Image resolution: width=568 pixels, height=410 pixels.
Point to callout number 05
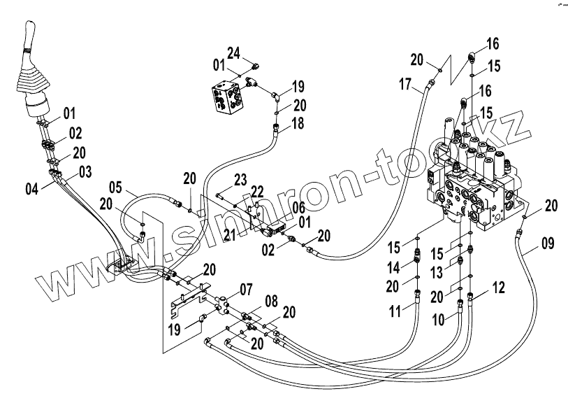[x=115, y=187]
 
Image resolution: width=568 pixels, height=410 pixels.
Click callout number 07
[x=246, y=288]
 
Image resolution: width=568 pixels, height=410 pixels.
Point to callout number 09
[x=547, y=244]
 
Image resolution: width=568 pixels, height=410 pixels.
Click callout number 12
[x=497, y=286]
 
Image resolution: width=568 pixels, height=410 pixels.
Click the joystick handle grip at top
[x=31, y=38]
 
